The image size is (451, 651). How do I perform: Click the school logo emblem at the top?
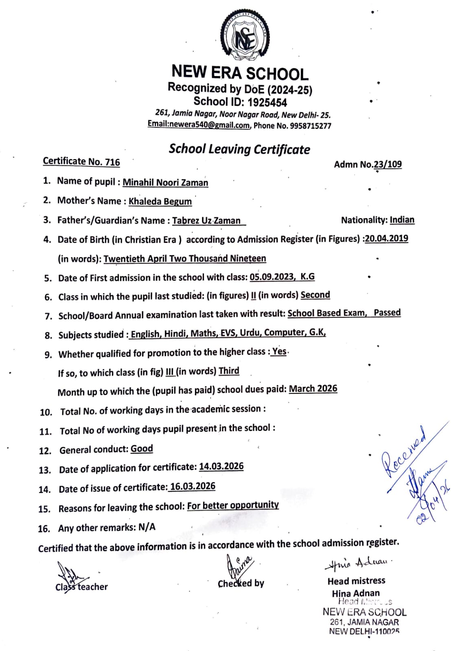click(245, 36)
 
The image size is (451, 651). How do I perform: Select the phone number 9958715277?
click(311, 126)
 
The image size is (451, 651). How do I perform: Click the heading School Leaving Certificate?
click(239, 149)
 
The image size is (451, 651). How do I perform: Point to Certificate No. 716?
click(81, 162)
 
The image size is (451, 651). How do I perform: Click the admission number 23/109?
click(388, 164)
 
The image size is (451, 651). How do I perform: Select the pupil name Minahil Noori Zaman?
click(165, 183)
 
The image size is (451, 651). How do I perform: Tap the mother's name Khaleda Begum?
click(160, 201)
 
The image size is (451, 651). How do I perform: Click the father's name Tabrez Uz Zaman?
click(206, 221)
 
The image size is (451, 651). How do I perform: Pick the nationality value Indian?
click(402, 220)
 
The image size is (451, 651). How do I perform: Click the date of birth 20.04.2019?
click(386, 238)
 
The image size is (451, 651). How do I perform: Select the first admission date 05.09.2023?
click(271, 277)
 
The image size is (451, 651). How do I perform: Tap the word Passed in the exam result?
click(387, 312)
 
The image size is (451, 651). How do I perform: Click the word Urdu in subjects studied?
click(250, 333)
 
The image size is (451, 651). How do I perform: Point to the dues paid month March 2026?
click(313, 389)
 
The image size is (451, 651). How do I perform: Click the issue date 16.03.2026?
click(193, 487)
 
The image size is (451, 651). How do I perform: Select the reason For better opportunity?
click(233, 505)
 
